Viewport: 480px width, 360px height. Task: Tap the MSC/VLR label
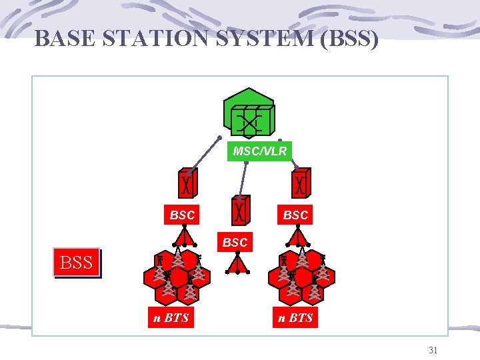(260, 151)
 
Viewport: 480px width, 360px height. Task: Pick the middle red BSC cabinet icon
(241, 211)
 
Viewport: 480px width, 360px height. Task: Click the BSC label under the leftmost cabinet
(183, 215)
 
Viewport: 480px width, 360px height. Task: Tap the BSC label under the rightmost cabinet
(295, 215)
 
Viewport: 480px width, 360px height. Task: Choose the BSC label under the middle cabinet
(235, 243)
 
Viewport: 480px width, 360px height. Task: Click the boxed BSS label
(77, 263)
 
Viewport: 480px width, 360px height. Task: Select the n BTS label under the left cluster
(171, 318)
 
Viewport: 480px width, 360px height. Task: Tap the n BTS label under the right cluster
(295, 318)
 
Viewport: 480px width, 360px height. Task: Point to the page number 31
(433, 350)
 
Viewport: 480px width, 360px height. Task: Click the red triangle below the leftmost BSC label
(184, 237)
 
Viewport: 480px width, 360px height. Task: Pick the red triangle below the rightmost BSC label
(301, 237)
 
